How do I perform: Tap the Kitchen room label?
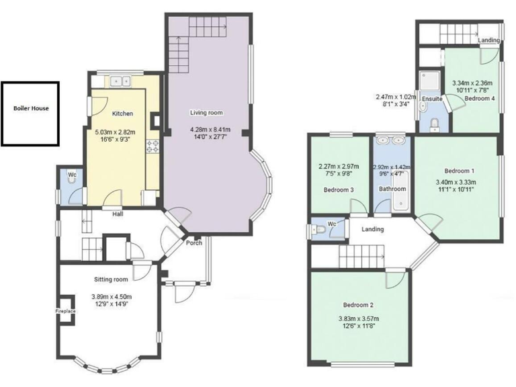point(122,114)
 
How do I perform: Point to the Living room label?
point(206,113)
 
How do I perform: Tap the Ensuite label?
point(431,99)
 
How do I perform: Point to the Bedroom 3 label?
point(339,189)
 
